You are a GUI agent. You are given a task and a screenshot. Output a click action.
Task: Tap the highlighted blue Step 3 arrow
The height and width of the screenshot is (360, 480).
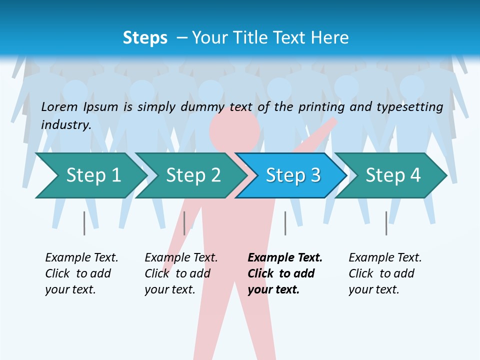(290, 175)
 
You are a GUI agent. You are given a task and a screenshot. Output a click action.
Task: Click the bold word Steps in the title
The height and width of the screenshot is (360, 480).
(145, 38)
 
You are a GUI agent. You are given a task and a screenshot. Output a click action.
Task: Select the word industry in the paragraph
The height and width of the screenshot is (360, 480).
(66, 124)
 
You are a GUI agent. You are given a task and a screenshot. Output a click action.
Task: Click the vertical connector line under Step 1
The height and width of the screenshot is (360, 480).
(84, 223)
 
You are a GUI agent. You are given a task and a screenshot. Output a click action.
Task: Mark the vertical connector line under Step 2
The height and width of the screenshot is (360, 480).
(184, 223)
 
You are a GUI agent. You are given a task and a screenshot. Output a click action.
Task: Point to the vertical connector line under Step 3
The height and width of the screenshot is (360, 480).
(285, 223)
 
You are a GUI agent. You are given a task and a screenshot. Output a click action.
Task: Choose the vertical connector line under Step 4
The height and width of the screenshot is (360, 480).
(386, 223)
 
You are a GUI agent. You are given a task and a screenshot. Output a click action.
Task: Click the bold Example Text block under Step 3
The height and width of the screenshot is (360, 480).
(285, 273)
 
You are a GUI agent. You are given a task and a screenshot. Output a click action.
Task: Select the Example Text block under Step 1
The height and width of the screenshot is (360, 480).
(81, 273)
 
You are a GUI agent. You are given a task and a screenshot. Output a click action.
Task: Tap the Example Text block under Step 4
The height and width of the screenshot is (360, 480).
(384, 273)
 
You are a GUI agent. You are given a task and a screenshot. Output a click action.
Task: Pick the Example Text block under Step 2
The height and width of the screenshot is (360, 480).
(181, 273)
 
